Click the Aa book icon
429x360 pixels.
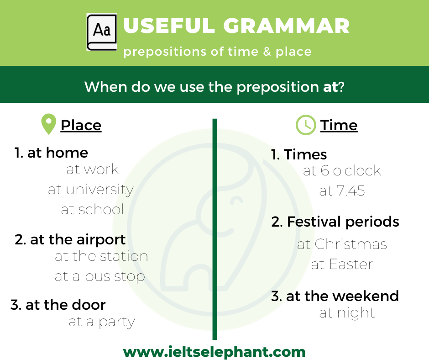click(x=102, y=32)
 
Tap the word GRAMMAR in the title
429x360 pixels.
click(x=286, y=26)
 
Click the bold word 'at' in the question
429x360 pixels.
click(x=330, y=87)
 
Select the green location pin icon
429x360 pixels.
click(x=48, y=124)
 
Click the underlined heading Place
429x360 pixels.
click(x=81, y=126)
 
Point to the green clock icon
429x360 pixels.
click(x=306, y=125)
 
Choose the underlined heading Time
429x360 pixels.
click(x=339, y=126)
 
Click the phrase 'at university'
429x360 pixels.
click(x=91, y=190)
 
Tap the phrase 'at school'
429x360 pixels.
click(x=93, y=209)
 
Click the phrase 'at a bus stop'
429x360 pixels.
click(x=100, y=276)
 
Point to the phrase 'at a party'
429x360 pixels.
click(x=102, y=322)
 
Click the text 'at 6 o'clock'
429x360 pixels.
click(x=342, y=171)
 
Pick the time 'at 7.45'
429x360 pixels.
click(x=342, y=191)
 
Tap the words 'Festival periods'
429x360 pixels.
click(x=343, y=222)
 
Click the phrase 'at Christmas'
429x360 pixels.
click(x=342, y=244)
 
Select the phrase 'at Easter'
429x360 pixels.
click(x=342, y=265)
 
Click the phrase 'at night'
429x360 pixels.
click(x=347, y=313)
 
